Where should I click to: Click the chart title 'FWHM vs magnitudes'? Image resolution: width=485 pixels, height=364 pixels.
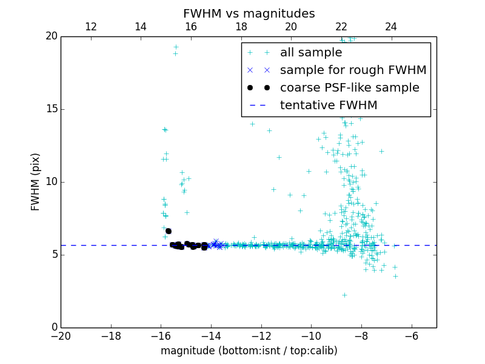tap(249, 13)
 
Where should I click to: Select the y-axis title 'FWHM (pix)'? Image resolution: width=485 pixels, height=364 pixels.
tap(36, 181)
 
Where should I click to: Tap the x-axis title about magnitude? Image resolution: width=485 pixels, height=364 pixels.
tap(249, 351)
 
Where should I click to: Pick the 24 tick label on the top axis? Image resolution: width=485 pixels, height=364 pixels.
tap(391, 27)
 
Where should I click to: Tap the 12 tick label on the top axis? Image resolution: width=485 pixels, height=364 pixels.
tap(91, 27)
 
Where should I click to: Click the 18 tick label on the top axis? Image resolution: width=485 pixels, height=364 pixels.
tap(241, 27)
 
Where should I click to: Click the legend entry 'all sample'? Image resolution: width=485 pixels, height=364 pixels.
tap(311, 53)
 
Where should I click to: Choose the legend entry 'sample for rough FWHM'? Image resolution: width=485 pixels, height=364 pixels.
tap(353, 70)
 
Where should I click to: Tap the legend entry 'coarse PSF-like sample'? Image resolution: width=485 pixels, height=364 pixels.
tap(349, 87)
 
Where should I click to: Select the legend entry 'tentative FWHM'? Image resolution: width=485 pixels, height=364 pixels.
tap(329, 105)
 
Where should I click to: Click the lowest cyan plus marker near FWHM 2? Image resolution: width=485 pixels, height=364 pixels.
tap(344, 295)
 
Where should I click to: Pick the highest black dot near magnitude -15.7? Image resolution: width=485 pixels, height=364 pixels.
tap(169, 231)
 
